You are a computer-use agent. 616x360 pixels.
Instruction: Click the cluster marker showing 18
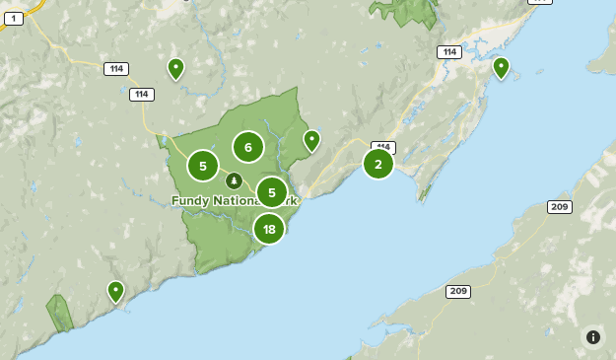(x=269, y=229)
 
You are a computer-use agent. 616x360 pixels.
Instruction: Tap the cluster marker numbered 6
(x=248, y=147)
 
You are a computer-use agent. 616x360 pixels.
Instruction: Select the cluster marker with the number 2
(x=378, y=164)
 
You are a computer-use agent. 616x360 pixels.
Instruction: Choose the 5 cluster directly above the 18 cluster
(x=272, y=192)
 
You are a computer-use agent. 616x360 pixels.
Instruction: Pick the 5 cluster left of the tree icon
(x=203, y=166)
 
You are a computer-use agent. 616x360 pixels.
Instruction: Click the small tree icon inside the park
(x=234, y=180)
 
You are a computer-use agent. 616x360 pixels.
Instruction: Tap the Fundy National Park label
(x=234, y=201)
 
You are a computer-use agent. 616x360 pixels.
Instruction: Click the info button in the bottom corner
(x=593, y=337)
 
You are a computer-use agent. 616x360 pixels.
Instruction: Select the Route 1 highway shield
(x=14, y=19)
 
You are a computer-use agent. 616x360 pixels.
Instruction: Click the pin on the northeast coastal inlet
(x=501, y=67)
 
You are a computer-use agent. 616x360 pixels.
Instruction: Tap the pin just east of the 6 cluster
(x=311, y=140)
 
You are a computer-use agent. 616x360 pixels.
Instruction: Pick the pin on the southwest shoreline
(x=115, y=291)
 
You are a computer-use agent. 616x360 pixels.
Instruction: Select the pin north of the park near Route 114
(x=175, y=68)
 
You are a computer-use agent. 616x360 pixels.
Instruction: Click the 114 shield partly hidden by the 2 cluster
(x=384, y=147)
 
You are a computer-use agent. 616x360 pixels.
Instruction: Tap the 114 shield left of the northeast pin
(x=449, y=52)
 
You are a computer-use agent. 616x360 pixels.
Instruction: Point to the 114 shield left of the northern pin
(x=116, y=69)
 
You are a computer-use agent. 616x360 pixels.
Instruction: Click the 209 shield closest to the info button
(x=560, y=207)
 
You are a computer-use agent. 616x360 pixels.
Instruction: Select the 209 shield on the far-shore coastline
(x=457, y=291)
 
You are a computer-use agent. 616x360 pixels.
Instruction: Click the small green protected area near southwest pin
(x=60, y=313)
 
